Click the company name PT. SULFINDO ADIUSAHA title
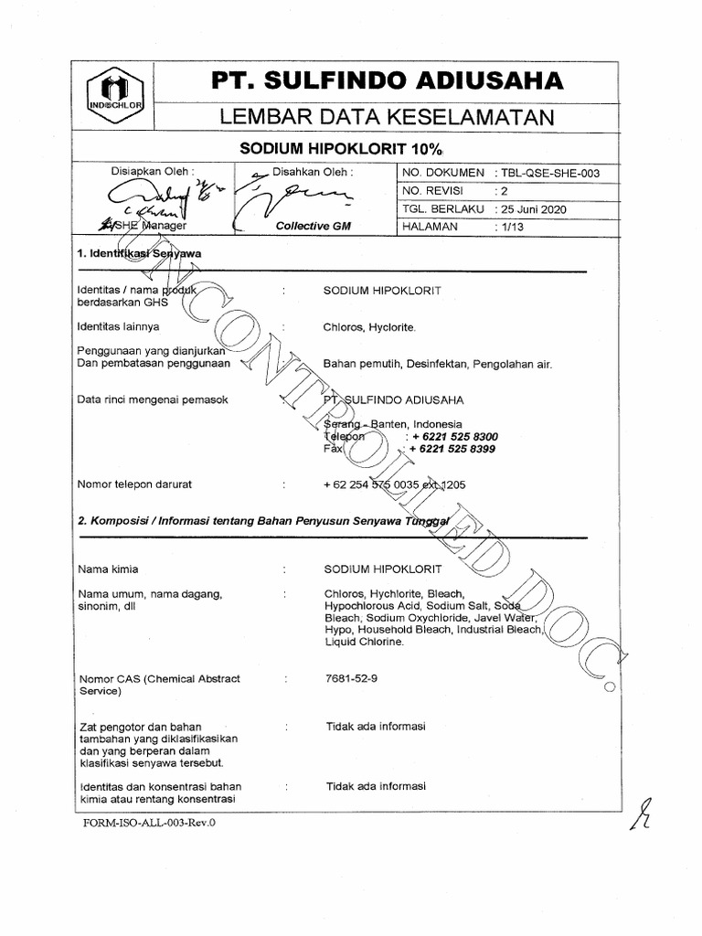tap(388, 82)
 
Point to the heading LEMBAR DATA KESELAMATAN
tap(386, 116)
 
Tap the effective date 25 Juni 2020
tap(534, 208)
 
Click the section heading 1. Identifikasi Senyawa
tap(139, 253)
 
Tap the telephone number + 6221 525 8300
tap(454, 437)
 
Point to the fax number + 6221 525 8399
tap(453, 450)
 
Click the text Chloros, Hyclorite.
tap(368, 326)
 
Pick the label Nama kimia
tap(109, 568)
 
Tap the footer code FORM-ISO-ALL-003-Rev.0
tap(151, 822)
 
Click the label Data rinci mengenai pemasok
tap(153, 399)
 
